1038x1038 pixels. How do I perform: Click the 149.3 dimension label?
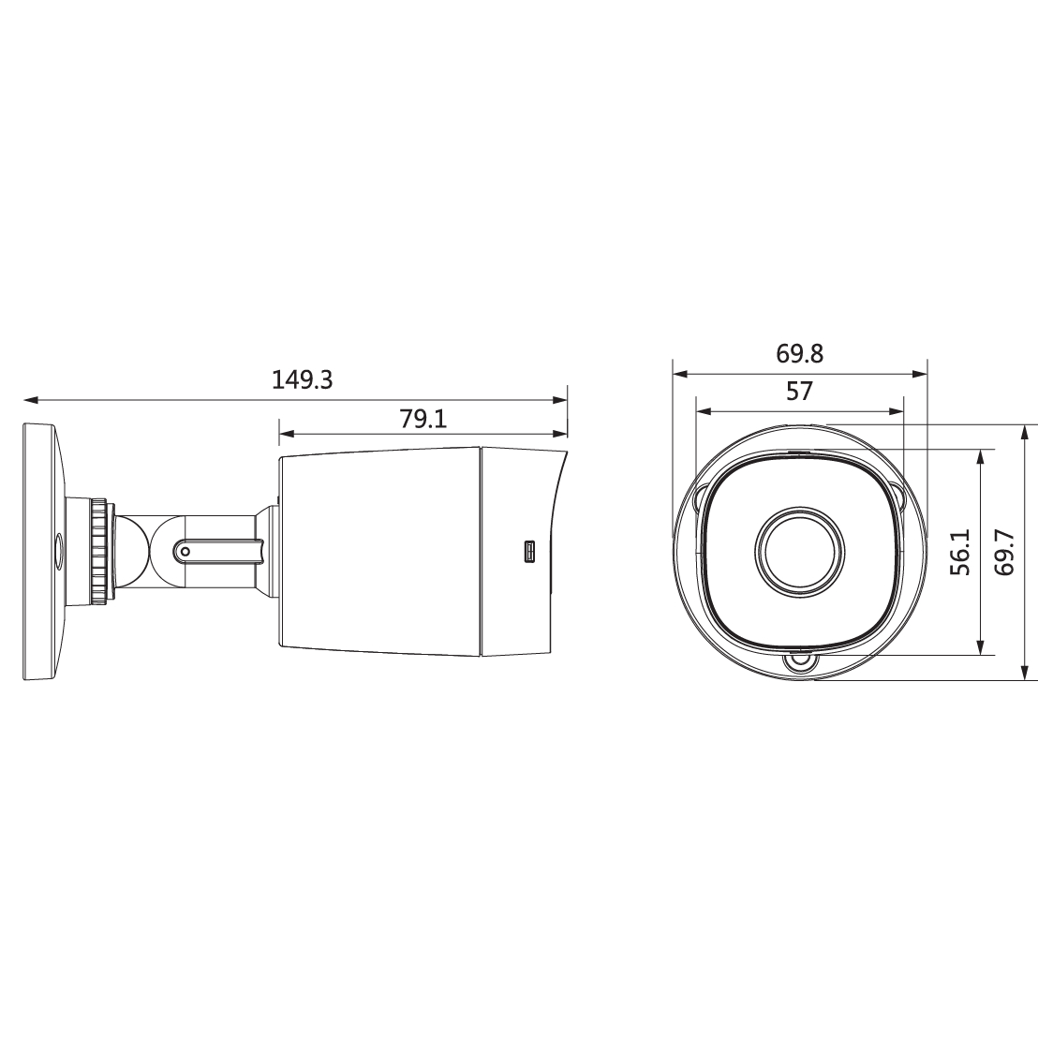point(302,380)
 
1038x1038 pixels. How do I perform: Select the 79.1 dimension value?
point(423,419)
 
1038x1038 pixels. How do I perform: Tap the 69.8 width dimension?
point(800,354)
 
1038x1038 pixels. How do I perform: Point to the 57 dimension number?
point(799,392)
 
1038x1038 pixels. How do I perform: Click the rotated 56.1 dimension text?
point(960,552)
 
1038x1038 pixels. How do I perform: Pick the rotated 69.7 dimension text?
point(1004,552)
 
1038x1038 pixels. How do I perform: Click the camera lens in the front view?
point(800,552)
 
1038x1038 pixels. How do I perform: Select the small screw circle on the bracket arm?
point(185,551)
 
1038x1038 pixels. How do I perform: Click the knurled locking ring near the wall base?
point(98,552)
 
